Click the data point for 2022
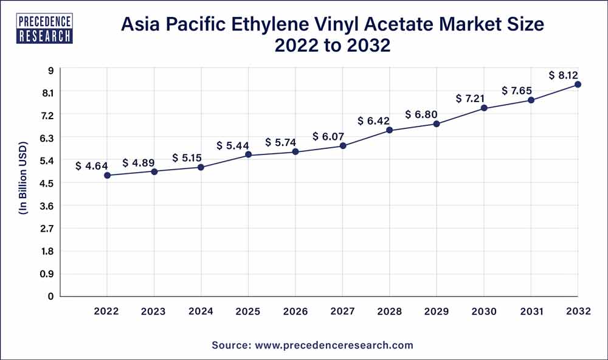point(107,175)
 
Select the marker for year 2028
point(390,130)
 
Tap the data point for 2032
point(578,85)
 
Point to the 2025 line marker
point(248,155)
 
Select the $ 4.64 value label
point(91,166)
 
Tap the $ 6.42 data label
point(373,120)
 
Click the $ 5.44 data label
point(232,146)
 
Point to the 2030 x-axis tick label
point(484,311)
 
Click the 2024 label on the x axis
point(201,311)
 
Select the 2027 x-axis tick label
point(343,311)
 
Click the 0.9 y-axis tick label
point(48,274)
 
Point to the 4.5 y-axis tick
point(48,183)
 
